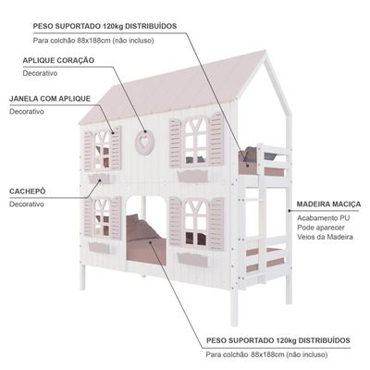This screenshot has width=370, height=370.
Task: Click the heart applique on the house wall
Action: [144, 142]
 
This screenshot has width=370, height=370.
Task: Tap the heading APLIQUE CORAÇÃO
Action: [58, 60]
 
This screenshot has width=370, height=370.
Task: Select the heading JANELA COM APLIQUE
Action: [50, 99]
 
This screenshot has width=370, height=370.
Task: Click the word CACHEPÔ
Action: [28, 191]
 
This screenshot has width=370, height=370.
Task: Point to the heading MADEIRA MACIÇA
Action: [328, 204]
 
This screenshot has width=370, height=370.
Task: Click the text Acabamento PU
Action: [324, 218]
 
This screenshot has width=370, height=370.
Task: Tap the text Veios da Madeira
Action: [325, 237]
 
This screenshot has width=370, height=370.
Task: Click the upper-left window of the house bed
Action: [102, 150]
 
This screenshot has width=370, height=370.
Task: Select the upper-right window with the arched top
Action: [195, 142]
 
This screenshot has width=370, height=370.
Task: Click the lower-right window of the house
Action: [195, 223]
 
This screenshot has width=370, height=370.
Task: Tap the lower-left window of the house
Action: [102, 217]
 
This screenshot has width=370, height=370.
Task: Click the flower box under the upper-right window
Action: [193, 177]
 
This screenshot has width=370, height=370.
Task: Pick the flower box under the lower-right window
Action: [193, 259]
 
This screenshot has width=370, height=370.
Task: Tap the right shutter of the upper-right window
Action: [216, 139]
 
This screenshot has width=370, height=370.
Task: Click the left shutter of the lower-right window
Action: [175, 221]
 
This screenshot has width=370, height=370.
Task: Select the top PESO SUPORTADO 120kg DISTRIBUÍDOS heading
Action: [105, 26]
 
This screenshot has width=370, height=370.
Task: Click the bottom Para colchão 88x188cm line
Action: [267, 354]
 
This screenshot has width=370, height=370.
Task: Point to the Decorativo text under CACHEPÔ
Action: [27, 204]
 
